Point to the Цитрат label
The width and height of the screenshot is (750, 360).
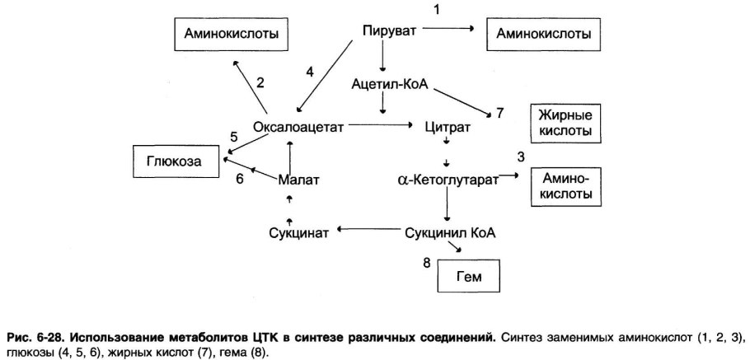point(447,128)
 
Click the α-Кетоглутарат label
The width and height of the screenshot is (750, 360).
point(448,178)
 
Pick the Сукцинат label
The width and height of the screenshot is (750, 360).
point(298,232)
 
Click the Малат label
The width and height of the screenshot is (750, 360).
point(298,179)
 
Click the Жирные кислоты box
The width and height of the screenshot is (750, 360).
point(565,124)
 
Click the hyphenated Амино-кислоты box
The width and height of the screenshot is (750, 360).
point(565,187)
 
